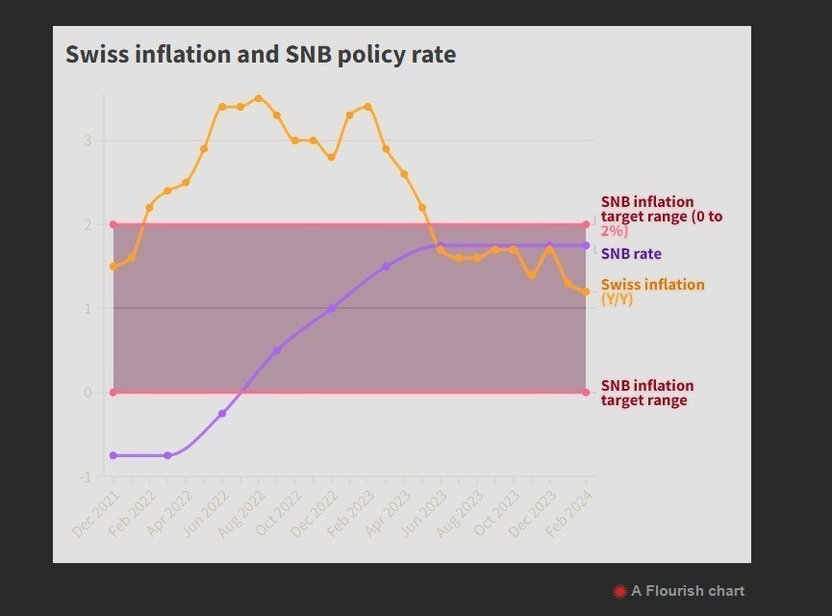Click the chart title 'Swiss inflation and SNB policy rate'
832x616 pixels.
[261, 55]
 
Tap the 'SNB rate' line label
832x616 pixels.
[631, 254]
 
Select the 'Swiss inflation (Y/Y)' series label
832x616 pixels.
[652, 291]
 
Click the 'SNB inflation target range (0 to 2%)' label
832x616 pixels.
[661, 217]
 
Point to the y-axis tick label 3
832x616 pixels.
[88, 141]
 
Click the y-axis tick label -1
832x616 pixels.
[86, 476]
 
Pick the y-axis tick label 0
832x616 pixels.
[88, 393]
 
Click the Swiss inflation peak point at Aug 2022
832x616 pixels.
[258, 98]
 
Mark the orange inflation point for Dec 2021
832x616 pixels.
[113, 267]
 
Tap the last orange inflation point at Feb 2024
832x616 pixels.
[586, 292]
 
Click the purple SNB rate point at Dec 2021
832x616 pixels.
[113, 455]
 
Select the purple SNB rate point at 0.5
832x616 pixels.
[277, 350]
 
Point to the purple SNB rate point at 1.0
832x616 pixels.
[331, 309]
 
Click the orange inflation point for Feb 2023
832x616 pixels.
[367, 107]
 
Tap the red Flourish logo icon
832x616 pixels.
[619, 591]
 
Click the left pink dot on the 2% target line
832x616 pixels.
[113, 224]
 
